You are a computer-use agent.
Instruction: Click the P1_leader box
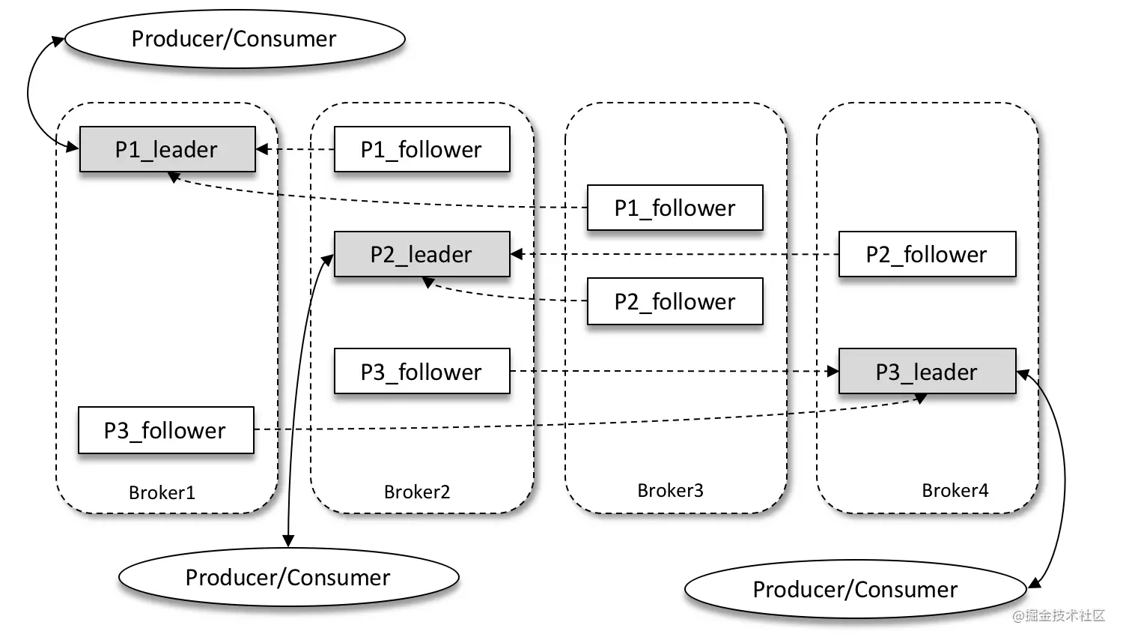pos(167,149)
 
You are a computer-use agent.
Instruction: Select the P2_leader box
pos(421,254)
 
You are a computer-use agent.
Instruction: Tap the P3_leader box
pos(927,371)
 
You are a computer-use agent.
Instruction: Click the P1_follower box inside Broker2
pos(421,149)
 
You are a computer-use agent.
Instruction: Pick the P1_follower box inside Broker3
pos(675,208)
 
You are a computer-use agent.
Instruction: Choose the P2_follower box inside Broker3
pos(675,301)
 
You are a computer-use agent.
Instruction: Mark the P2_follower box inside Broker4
pos(927,254)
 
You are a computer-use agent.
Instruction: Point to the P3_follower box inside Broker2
pos(421,371)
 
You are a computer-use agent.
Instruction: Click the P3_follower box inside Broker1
pos(165,430)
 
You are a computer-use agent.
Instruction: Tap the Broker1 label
pos(162,492)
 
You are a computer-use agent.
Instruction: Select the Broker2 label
pos(417,492)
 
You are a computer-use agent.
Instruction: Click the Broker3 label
pos(670,490)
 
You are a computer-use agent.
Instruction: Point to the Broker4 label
pos(955,490)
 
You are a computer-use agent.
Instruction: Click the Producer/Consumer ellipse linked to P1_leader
pos(234,39)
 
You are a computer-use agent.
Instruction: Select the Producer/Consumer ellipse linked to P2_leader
pos(288,577)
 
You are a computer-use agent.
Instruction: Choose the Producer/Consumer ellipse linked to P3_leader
pos(855,589)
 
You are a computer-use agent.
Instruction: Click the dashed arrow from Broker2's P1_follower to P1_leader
pos(296,149)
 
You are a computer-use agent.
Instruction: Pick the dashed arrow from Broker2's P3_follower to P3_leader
pos(674,371)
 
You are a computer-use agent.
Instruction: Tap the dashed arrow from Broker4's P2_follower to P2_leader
pos(674,254)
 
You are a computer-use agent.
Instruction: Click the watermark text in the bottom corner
pos(1059,616)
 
